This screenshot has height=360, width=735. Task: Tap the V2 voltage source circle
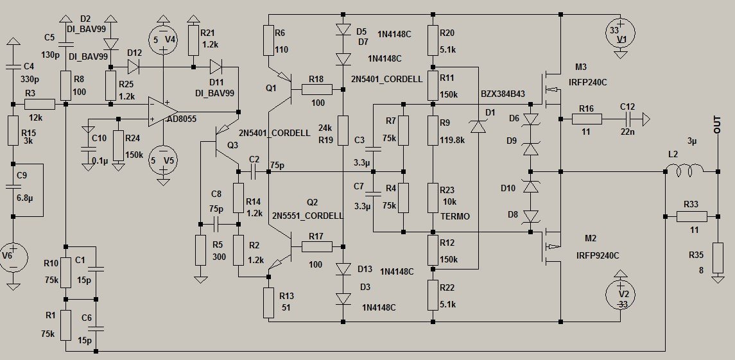click(620, 295)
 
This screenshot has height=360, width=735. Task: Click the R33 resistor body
click(691, 217)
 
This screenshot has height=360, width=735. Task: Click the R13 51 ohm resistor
click(267, 304)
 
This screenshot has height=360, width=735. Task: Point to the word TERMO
click(455, 217)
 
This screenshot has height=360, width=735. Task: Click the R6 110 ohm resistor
click(267, 42)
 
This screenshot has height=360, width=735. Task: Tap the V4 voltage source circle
click(163, 39)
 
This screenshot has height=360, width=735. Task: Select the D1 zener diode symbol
click(478, 126)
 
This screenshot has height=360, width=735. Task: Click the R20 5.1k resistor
click(433, 42)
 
